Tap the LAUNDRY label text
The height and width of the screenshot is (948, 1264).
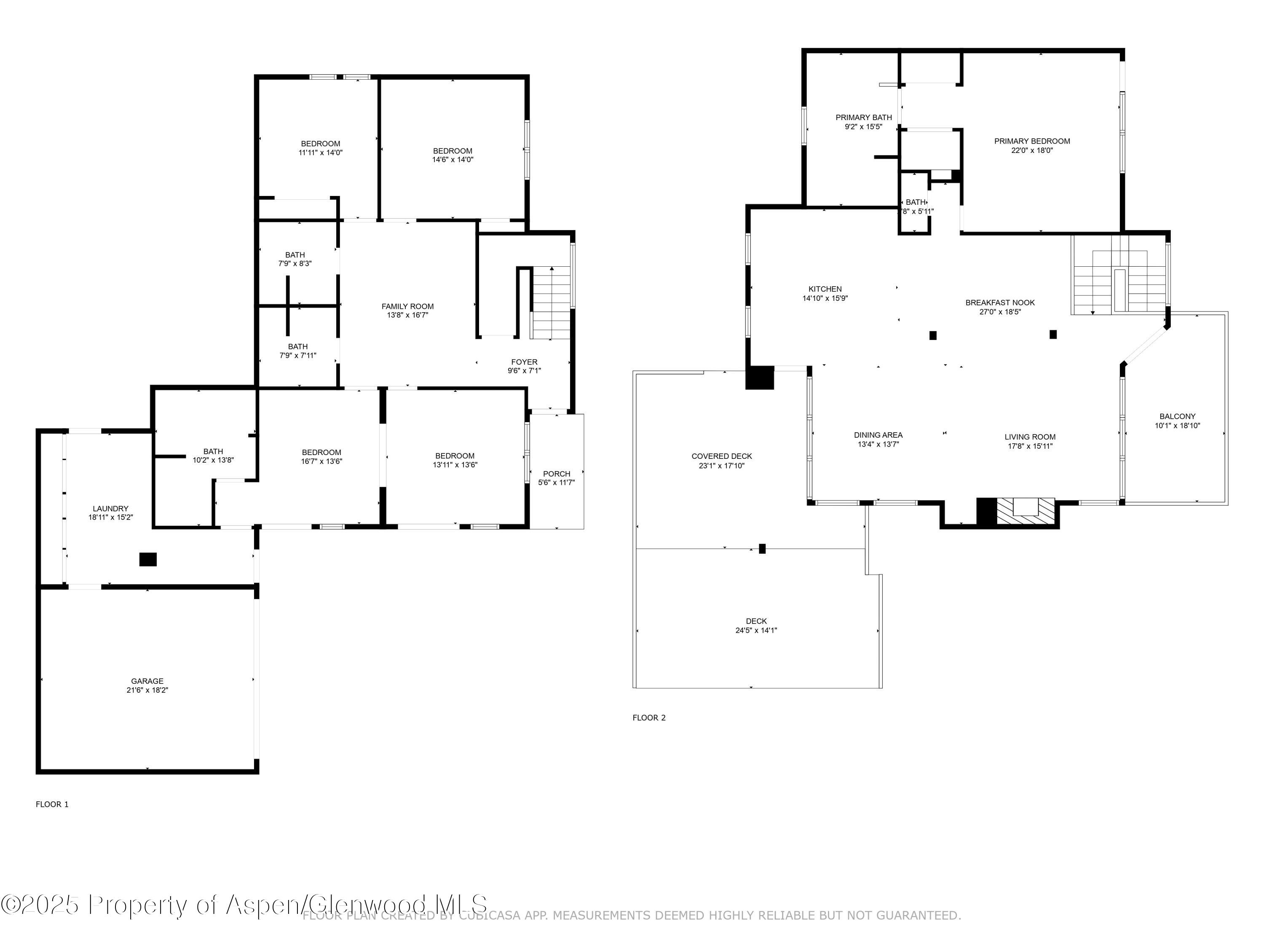point(110,508)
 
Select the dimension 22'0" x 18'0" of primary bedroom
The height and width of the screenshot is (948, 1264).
point(1031,150)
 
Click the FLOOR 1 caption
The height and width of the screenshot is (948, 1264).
point(52,804)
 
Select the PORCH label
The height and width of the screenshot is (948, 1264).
point(556,473)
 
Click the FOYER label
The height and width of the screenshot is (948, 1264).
point(524,361)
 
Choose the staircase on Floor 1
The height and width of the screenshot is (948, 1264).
point(552,303)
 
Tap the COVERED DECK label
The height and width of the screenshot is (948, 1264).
point(721,455)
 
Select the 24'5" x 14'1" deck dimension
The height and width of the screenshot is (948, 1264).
point(755,630)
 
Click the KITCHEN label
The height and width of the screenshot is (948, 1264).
point(825,289)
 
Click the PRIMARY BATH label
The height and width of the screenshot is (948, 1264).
point(863,117)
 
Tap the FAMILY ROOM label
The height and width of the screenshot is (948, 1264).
point(407,306)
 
